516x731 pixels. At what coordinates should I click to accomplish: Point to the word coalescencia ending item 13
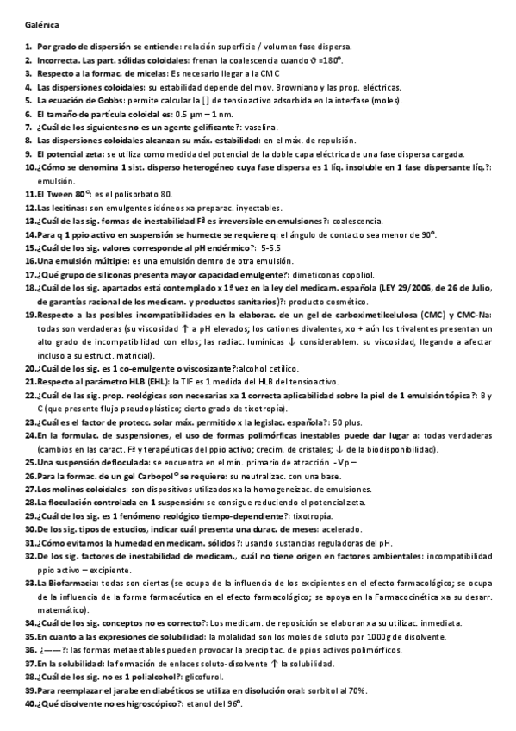357,221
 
